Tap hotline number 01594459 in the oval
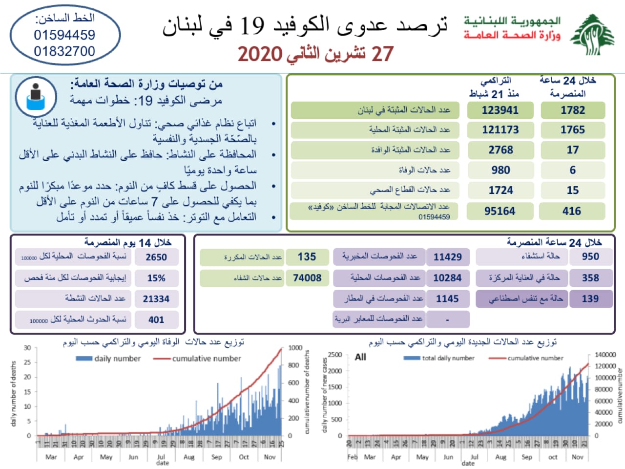click(64, 35)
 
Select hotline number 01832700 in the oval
click(64, 51)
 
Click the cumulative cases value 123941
click(500, 110)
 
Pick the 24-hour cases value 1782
click(573, 110)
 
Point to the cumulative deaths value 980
click(500, 170)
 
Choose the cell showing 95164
click(500, 211)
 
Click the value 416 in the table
click(572, 211)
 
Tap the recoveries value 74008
click(307, 278)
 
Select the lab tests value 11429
click(447, 257)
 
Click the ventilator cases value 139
click(590, 298)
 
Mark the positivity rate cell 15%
click(156, 278)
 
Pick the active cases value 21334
click(156, 299)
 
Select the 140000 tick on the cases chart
click(605, 355)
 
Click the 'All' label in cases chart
click(360, 357)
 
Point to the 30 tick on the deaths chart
click(27, 348)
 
